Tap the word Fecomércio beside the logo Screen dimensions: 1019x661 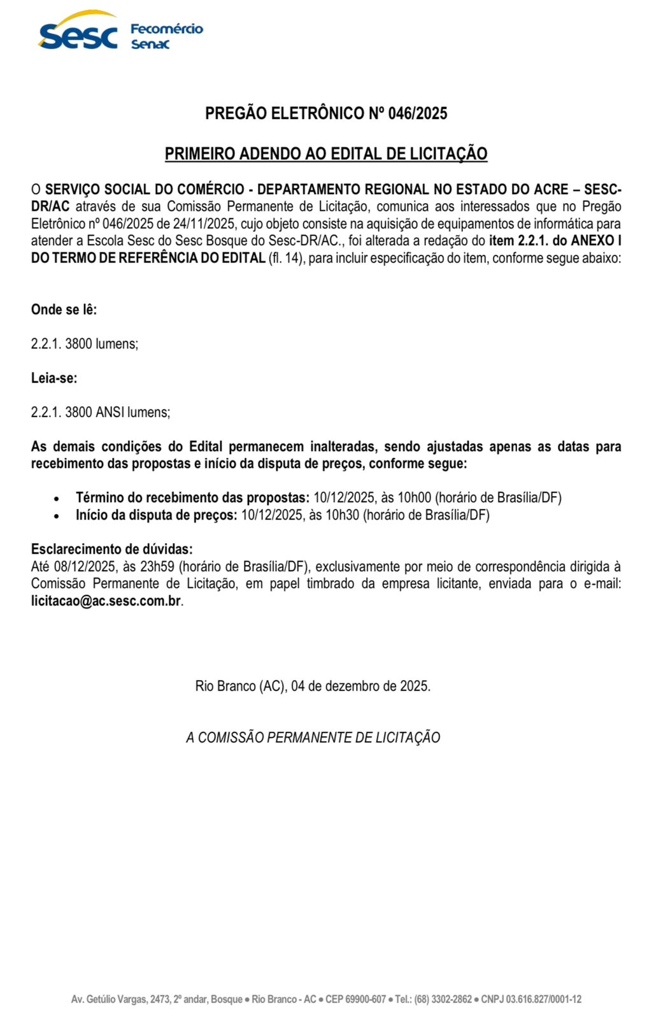166,29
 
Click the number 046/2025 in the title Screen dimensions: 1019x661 417,113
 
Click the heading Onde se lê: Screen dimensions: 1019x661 64,310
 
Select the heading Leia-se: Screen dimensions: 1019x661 54,378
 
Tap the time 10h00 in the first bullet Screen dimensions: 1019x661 415,497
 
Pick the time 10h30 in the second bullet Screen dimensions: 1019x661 342,515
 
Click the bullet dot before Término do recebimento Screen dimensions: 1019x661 57,499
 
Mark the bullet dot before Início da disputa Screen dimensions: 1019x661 57,516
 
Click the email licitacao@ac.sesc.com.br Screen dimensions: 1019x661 106,601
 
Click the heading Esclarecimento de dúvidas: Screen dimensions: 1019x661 111,549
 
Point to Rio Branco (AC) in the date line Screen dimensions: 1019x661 239,686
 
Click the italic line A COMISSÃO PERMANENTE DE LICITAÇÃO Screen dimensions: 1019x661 313,738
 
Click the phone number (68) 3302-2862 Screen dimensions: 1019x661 443,999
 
